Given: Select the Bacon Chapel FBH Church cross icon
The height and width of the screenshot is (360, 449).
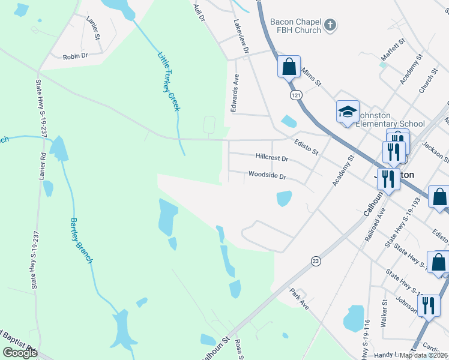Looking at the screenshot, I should tap(330, 26).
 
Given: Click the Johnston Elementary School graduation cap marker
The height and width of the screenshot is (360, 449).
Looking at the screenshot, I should tap(348, 112).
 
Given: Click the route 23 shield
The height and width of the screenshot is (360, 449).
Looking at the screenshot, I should tap(315, 260).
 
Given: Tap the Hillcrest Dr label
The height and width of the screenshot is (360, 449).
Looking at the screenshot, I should tap(272, 159).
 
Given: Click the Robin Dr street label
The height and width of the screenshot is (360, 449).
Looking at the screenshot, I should tap(76, 56).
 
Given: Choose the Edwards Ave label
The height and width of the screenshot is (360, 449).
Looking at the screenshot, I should tap(236, 93).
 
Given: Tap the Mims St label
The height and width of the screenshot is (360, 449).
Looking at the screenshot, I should tap(312, 76).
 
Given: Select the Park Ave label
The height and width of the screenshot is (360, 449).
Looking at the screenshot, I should tap(299, 298).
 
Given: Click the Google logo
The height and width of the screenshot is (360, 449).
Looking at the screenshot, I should tap(20, 353).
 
